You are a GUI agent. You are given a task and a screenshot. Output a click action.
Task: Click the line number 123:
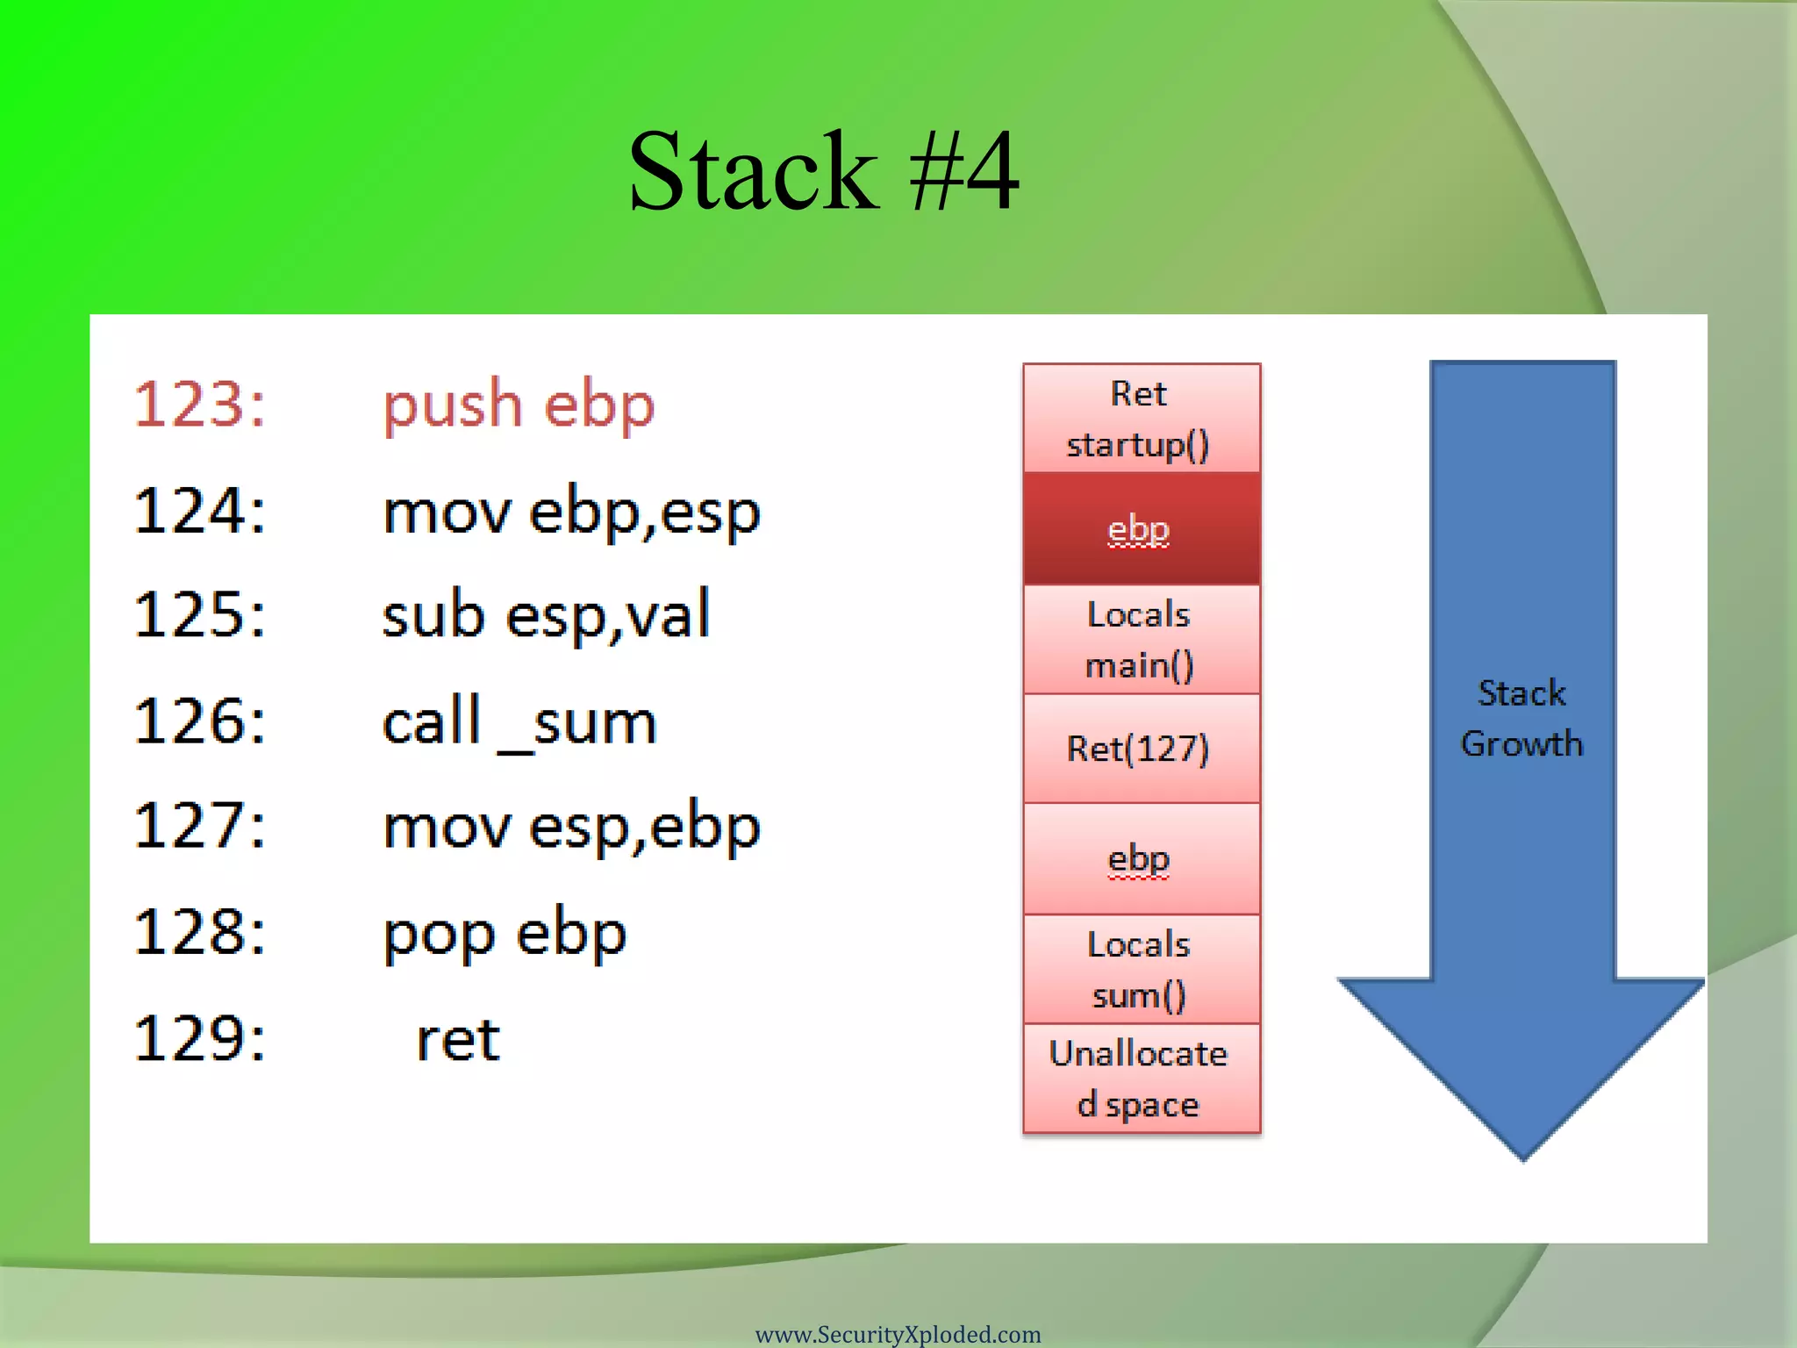click(x=200, y=405)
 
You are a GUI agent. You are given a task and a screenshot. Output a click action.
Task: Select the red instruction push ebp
click(x=519, y=406)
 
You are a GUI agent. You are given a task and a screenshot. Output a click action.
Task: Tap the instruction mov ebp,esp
click(x=571, y=512)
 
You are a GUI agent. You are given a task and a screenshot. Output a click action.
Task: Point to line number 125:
click(x=200, y=614)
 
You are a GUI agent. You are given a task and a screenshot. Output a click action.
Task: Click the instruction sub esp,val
click(x=546, y=614)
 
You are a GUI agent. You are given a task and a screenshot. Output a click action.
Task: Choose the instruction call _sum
click(x=519, y=722)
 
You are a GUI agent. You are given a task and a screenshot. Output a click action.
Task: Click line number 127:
click(x=200, y=826)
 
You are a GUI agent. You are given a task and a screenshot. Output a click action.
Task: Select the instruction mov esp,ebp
click(x=571, y=827)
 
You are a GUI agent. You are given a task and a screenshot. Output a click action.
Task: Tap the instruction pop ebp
click(x=505, y=934)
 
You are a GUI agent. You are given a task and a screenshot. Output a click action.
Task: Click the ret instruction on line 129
click(x=457, y=1040)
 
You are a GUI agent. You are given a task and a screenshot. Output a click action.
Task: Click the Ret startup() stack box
click(x=1141, y=419)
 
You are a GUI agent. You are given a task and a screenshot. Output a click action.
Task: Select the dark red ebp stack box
click(x=1141, y=529)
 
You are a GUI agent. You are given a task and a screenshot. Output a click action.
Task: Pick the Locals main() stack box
click(x=1141, y=640)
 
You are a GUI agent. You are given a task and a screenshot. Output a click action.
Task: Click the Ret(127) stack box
click(x=1141, y=749)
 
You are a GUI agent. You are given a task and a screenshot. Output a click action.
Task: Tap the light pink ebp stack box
click(x=1141, y=859)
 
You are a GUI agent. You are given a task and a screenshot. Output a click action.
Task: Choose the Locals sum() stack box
click(x=1141, y=970)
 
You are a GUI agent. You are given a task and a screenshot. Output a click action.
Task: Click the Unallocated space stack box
click(x=1141, y=1079)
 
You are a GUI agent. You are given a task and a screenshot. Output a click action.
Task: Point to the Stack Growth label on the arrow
click(x=1521, y=718)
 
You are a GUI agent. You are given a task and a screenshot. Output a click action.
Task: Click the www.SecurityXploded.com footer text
click(x=898, y=1334)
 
